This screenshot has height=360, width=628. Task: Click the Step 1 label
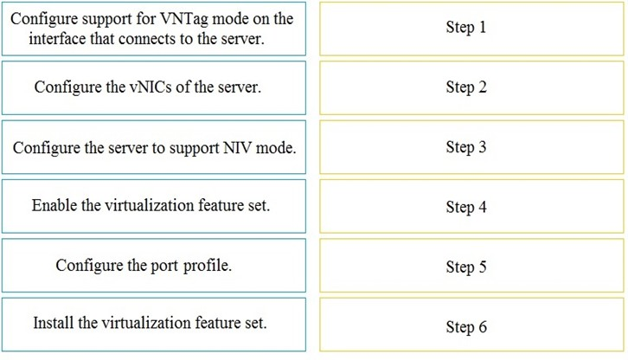point(465,28)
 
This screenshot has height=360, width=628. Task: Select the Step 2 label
point(466,87)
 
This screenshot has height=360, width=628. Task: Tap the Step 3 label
point(466,147)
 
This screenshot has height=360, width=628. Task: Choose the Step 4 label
point(466,208)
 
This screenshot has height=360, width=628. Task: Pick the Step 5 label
point(466,267)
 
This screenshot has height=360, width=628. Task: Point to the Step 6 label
point(466,327)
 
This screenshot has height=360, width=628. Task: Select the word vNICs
point(151,87)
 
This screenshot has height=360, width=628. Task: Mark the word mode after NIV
point(276,148)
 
